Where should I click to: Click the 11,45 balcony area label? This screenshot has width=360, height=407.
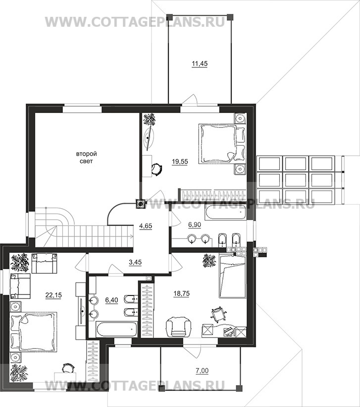tap(200, 63)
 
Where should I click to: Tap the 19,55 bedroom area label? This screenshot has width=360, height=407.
tap(180, 162)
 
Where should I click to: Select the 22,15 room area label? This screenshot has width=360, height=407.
tap(53, 295)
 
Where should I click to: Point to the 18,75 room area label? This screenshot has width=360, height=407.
tap(182, 293)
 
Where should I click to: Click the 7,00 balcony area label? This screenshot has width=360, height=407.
tap(202, 371)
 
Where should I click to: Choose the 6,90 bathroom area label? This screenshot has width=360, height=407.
tap(194, 225)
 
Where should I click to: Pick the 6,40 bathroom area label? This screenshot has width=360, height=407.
tap(111, 300)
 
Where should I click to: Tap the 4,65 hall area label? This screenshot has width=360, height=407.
tap(146, 226)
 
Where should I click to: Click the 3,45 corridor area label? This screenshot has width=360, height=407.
tap(135, 262)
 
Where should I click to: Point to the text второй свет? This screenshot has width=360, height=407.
tap(86, 157)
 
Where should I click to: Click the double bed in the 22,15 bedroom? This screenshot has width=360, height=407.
tap(33, 332)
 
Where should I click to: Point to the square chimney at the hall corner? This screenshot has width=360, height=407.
tap(141, 204)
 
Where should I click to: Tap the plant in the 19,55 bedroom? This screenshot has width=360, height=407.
tap(150, 119)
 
